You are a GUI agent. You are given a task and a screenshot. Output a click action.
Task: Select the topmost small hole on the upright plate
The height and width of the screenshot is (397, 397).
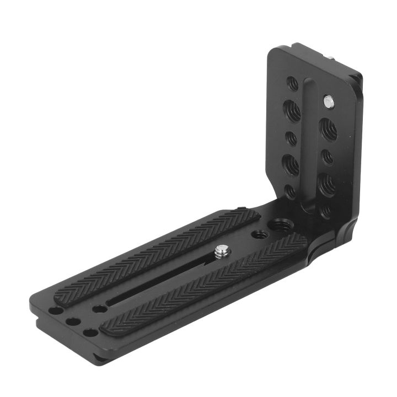293,84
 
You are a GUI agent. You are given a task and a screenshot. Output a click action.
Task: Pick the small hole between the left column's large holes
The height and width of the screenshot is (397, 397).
291,136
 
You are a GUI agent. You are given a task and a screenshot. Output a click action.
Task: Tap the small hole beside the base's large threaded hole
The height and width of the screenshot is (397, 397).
258,234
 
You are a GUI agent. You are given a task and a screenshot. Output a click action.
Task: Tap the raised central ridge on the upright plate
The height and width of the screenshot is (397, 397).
310,143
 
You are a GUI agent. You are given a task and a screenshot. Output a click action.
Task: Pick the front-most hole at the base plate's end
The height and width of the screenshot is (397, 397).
88,334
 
